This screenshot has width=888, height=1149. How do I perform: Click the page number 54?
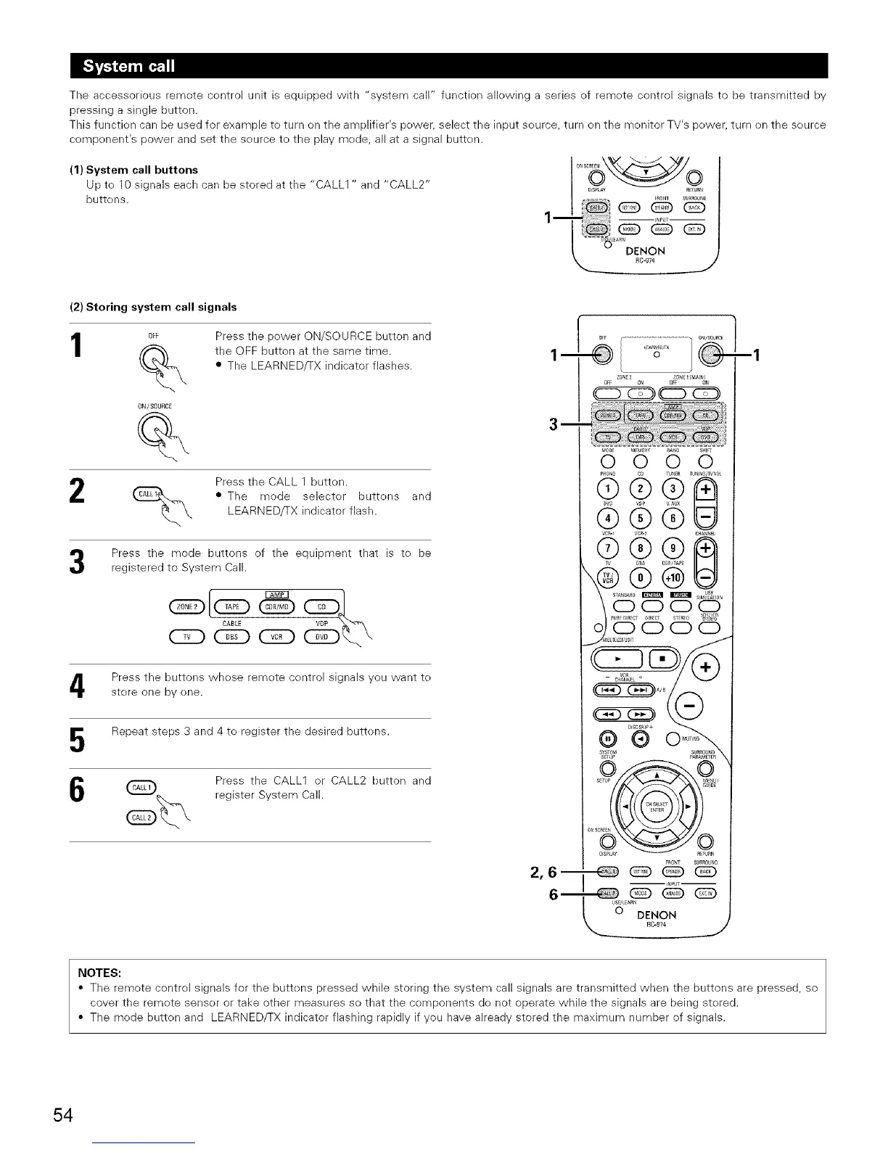pos(62,1114)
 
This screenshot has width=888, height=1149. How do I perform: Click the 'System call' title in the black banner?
pos(128,67)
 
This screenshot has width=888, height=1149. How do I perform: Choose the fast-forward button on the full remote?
pos(641,714)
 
